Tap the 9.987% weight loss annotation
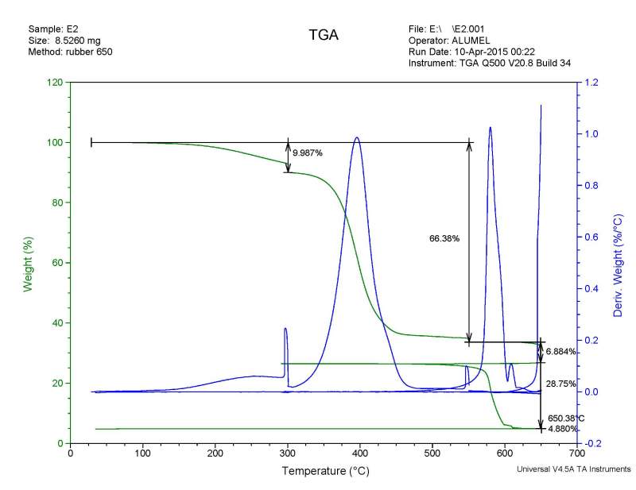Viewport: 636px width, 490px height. (308, 152)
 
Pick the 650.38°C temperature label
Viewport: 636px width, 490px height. (566, 417)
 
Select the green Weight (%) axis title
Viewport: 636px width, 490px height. (28, 263)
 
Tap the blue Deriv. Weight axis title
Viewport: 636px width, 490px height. (617, 263)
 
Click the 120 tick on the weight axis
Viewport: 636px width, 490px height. (55, 83)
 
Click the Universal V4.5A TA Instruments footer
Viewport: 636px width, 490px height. (573, 469)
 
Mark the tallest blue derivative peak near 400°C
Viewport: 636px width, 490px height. (356, 137)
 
